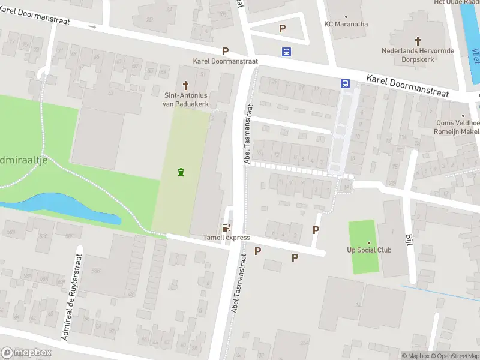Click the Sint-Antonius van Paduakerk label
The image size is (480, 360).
click(185, 99)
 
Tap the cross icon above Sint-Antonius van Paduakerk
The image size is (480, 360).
click(185, 85)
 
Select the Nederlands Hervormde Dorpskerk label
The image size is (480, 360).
click(418, 55)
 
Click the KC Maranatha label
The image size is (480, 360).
click(346, 24)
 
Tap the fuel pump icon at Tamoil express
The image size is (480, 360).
click(226, 227)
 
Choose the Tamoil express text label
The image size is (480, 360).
click(226, 238)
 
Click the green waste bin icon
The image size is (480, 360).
click(181, 173)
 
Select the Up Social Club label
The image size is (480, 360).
click(369, 250)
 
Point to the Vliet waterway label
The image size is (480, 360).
click(475, 57)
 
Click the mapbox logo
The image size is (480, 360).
click(26, 353)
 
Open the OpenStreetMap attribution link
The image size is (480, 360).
click(454, 356)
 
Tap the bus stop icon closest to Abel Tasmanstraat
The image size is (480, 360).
click(287, 52)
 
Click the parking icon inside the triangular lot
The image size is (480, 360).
click(282, 28)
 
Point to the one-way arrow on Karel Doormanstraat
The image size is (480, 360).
click(92, 26)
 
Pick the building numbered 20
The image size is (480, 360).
click(149, 19)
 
